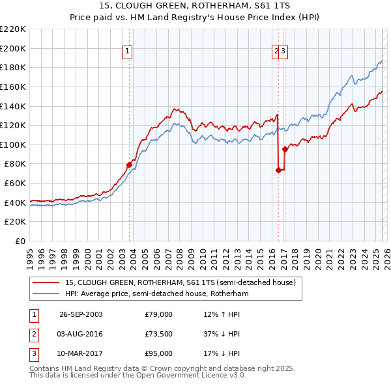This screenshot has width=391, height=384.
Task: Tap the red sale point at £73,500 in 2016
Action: pos(278,171)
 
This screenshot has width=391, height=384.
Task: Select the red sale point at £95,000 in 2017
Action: pos(285,149)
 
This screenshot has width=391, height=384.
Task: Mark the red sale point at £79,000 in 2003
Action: pos(129,165)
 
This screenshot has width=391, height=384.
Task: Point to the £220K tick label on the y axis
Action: pos(13,29)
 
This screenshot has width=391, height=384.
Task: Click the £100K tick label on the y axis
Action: pos(13,144)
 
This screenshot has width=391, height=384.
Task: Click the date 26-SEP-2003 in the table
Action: pos(81,314)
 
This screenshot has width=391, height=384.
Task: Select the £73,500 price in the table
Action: pos(158,334)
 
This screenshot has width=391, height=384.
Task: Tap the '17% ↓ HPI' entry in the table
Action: pos(222,353)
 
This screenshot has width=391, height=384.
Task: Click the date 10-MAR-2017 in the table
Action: pos(81,353)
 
